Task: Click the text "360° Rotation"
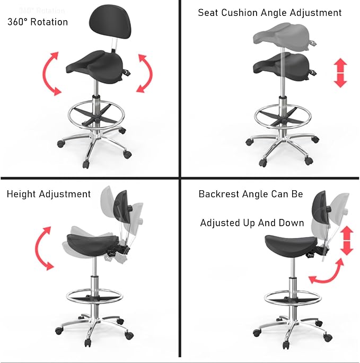tap(38, 22)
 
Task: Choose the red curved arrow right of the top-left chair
tap(145, 73)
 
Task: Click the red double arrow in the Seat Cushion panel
tap(340, 73)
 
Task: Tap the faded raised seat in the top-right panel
tap(283, 37)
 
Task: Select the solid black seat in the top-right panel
tap(283, 66)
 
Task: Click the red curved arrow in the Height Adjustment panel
tap(42, 247)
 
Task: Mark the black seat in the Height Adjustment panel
tap(93, 243)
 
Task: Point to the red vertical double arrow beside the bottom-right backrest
tap(347, 241)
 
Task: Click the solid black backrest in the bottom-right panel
tap(320, 207)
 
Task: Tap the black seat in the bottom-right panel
tap(291, 245)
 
